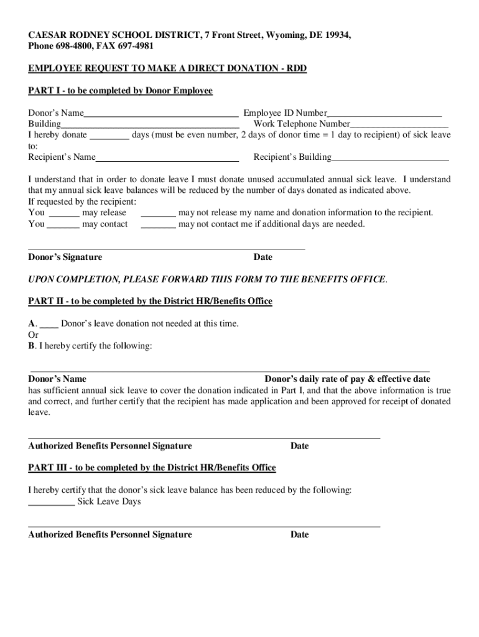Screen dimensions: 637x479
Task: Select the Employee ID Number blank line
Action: click(384, 114)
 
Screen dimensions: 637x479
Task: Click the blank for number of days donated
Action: click(110, 135)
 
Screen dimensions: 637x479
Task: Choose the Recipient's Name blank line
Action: click(167, 157)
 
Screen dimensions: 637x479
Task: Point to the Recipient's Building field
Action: click(390, 157)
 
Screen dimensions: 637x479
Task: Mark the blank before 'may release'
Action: click(63, 213)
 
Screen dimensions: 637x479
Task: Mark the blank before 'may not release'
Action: click(158, 213)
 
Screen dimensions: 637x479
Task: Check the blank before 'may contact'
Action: click(63, 225)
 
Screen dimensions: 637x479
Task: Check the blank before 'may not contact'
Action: click(158, 225)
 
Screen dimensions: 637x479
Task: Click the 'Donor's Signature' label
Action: click(65, 258)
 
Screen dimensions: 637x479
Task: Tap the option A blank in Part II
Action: click(49, 324)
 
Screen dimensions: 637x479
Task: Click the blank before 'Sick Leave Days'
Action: click(52, 502)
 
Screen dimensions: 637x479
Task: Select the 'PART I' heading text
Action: click(120, 91)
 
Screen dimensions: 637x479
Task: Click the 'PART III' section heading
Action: click(152, 468)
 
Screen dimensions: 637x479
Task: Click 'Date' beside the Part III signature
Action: click(299, 535)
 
